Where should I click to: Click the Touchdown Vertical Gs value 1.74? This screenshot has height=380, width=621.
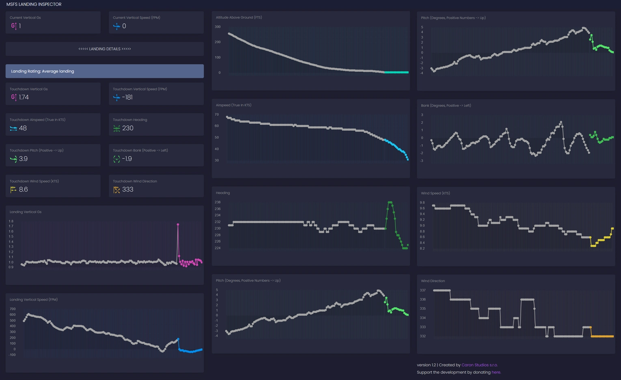pos(24,97)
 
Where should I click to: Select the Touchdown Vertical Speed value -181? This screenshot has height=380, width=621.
pos(127,97)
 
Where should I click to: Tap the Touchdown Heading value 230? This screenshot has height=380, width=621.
pos(128,128)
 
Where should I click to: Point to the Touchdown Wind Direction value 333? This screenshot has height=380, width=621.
pos(128,189)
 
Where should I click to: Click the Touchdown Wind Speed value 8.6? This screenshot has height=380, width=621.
pos(23,189)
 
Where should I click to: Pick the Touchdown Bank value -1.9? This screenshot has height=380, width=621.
pos(127,159)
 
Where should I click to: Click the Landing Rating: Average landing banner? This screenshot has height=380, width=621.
pos(105,71)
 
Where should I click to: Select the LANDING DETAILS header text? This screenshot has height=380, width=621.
pos(105,49)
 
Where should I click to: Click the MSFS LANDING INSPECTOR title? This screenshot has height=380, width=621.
pos(34,4)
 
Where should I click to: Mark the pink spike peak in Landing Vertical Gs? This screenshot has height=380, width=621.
pos(178,225)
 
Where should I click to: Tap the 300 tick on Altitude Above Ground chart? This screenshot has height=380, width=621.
pos(218,27)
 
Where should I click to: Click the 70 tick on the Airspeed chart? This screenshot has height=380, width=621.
pos(216,114)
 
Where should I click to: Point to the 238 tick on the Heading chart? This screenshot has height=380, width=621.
pos(218,202)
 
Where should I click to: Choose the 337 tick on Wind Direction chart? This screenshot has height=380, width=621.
pos(423,290)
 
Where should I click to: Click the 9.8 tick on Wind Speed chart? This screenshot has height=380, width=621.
pos(422,203)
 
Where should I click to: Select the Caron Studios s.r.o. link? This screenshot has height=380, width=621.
pos(479,365)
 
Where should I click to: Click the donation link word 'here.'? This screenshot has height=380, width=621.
pos(496,372)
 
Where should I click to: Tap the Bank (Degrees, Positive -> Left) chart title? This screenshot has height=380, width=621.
pos(446,106)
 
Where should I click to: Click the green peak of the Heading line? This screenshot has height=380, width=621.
pos(390,203)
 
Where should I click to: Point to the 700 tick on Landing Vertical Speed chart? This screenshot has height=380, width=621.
pos(13,309)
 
